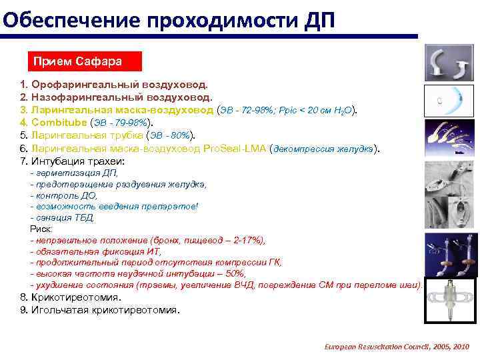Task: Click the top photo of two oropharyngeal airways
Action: pyautogui.click(x=449, y=63)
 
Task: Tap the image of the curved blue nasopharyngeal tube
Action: pyautogui.click(x=449, y=102)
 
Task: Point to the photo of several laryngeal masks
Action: pyautogui.click(x=449, y=140)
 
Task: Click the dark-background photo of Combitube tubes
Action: pyautogui.click(x=449, y=257)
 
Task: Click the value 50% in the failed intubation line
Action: pyautogui.click(x=236, y=273)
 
